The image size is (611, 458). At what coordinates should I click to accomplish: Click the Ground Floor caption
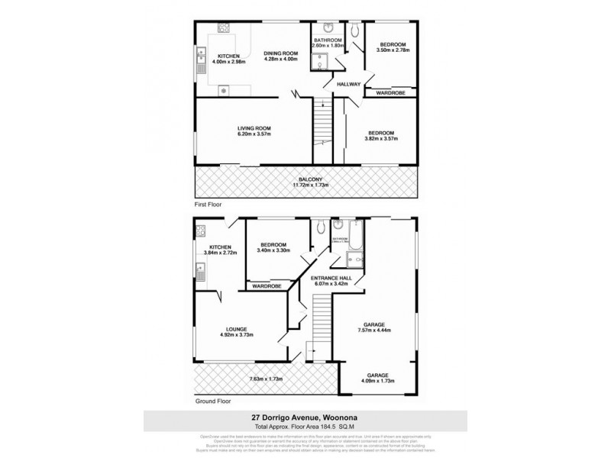point(212,400)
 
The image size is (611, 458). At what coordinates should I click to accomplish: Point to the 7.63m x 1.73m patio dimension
point(267,379)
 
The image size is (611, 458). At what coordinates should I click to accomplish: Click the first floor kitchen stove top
point(225,28)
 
